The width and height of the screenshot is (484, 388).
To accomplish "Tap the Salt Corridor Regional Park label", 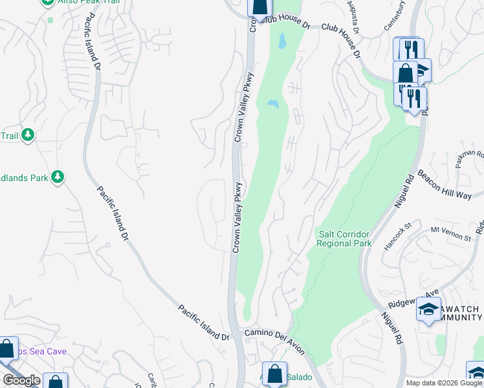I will (344, 239).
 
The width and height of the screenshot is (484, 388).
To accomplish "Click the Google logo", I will (22, 380).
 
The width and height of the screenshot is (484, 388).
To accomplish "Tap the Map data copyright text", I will (445, 383).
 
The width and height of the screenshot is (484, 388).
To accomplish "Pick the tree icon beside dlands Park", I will (58, 177).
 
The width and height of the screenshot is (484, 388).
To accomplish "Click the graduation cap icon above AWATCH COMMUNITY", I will (428, 309).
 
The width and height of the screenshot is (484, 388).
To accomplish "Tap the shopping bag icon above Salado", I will (274, 372).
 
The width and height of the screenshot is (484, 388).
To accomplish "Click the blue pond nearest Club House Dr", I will (281, 42).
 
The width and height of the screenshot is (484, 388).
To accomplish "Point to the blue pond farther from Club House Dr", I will (272, 103).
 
